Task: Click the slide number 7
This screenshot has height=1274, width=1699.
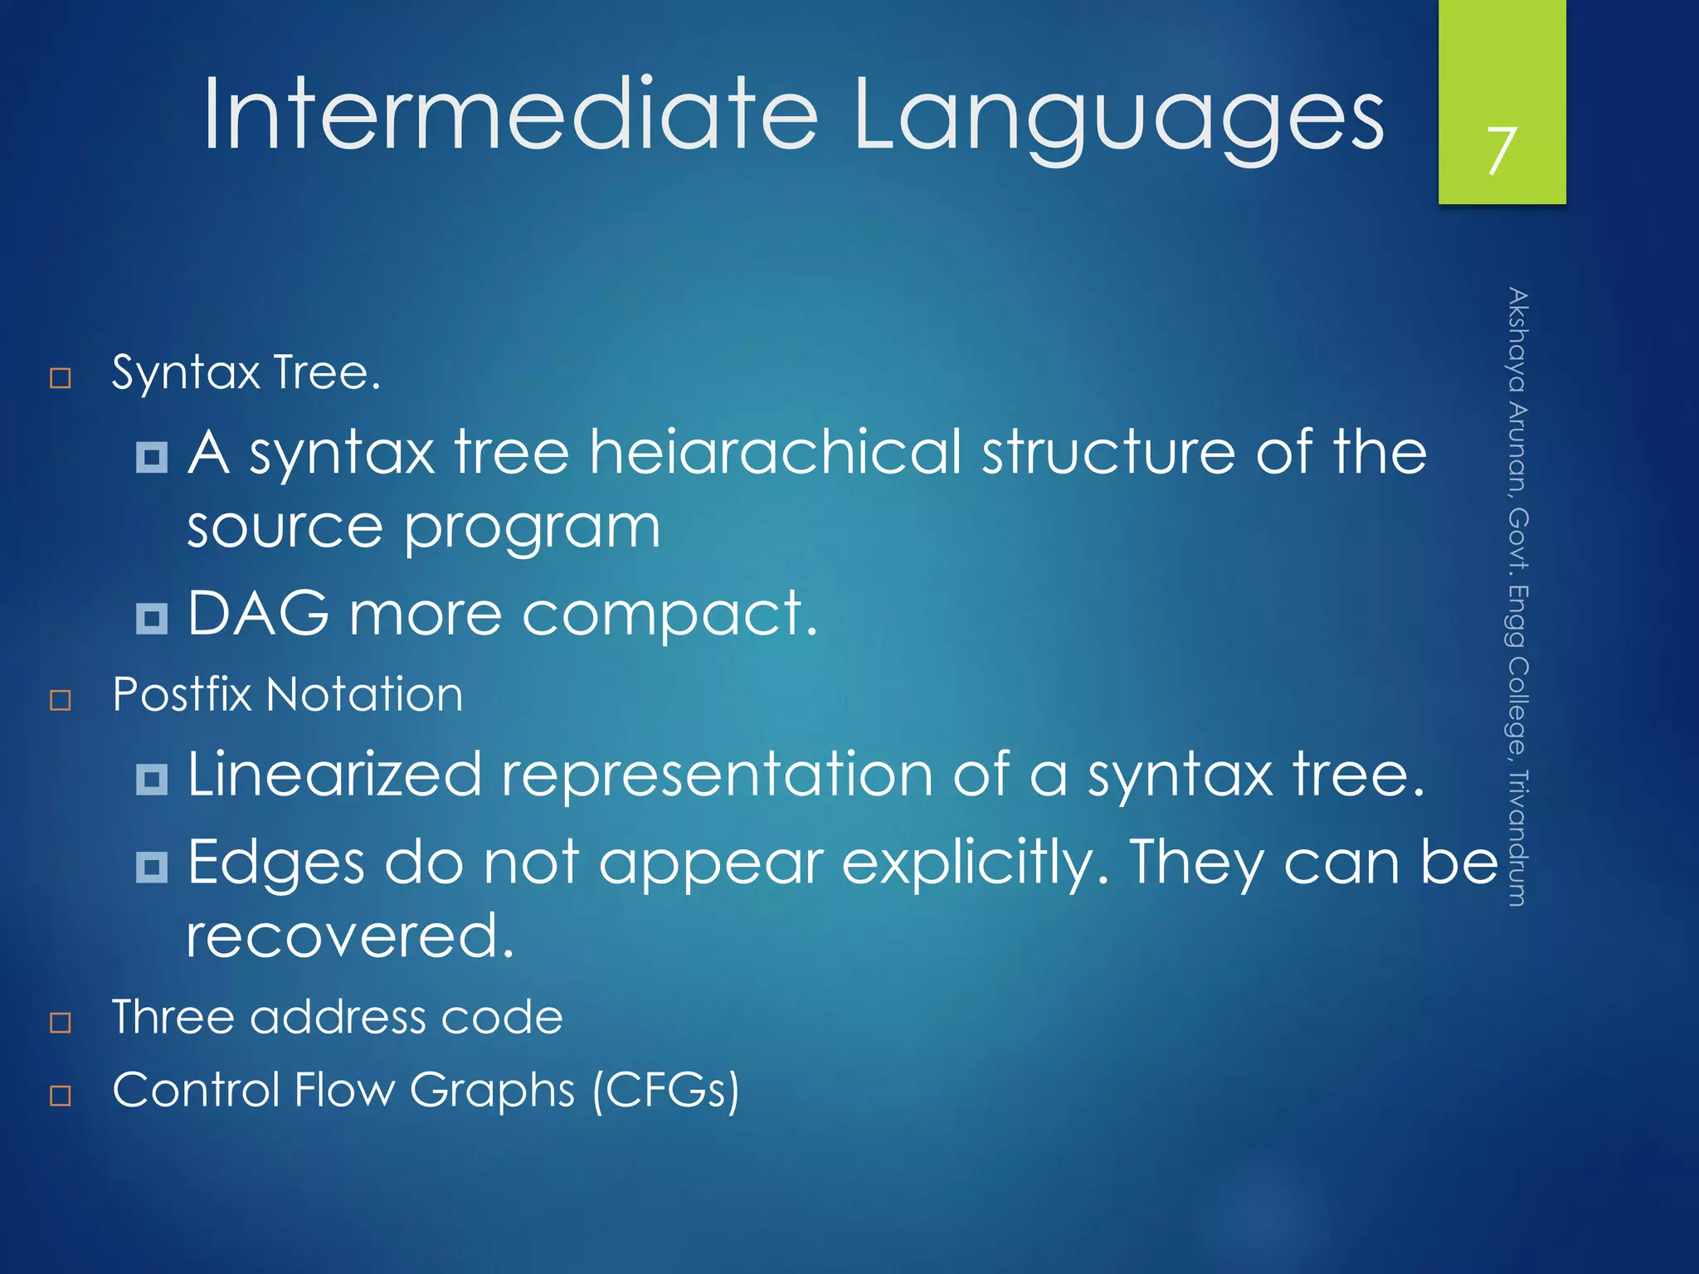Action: (1501, 151)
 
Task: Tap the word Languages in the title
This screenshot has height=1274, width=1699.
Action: (1117, 116)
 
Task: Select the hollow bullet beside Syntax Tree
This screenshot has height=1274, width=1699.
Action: (61, 378)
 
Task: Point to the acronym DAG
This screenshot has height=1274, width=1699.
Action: (258, 614)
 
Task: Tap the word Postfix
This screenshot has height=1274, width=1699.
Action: (182, 694)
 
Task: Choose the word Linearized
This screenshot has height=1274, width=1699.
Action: (334, 775)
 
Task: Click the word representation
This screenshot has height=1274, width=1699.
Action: (717, 775)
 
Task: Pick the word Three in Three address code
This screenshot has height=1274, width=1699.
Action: (173, 1017)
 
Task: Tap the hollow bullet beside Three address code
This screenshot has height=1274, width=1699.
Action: (61, 1022)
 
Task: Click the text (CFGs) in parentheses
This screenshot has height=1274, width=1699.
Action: (665, 1091)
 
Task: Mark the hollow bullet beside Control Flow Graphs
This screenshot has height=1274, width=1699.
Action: (61, 1095)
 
